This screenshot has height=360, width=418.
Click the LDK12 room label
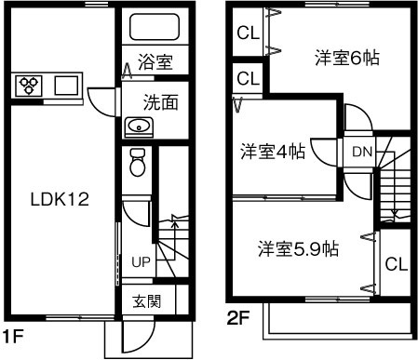[x=60, y=199]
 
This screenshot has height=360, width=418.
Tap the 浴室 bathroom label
[x=155, y=63]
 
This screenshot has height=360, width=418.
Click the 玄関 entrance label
[x=146, y=300]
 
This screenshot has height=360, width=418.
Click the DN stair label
[x=361, y=151]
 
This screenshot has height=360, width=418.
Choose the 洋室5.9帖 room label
[x=298, y=248]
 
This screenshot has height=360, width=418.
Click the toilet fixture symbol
[x=138, y=162]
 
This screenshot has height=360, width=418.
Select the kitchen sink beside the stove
[x=66, y=86]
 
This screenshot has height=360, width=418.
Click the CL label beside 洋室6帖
[x=248, y=34]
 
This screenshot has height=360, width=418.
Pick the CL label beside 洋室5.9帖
[x=397, y=263]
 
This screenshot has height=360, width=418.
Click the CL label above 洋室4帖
[x=248, y=77]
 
